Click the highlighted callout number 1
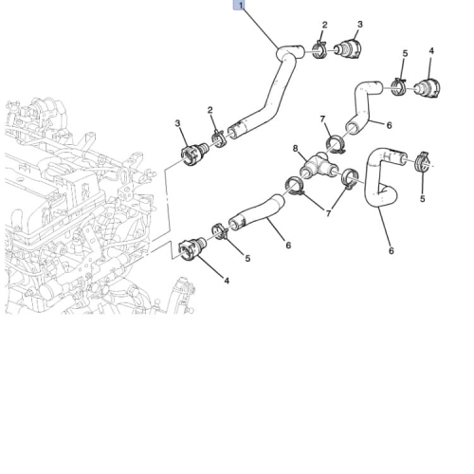click(x=241, y=6)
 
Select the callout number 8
click(x=296, y=148)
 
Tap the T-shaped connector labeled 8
click(x=319, y=165)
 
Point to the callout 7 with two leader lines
click(x=328, y=213)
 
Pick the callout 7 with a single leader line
click(x=322, y=119)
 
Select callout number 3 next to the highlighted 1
click(x=360, y=25)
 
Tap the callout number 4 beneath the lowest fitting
click(x=227, y=281)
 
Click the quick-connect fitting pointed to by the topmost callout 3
click(x=348, y=49)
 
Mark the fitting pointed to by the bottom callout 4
click(x=192, y=248)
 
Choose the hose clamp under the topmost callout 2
click(x=319, y=50)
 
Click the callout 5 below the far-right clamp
click(x=423, y=199)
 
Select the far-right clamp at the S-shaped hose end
click(x=422, y=161)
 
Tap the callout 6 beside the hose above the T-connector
click(x=390, y=125)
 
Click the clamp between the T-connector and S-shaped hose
click(x=350, y=178)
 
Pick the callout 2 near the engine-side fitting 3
click(x=210, y=110)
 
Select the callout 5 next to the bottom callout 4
click(x=247, y=258)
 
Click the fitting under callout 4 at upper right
click(x=428, y=88)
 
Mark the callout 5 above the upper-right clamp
click(x=405, y=53)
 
